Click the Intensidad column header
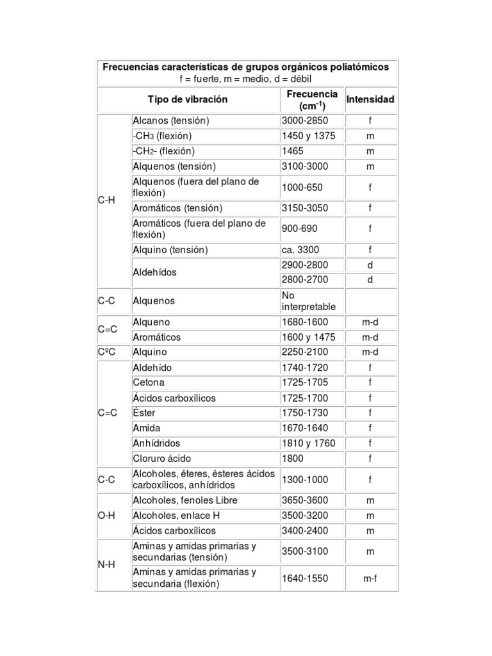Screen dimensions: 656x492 point(370,100)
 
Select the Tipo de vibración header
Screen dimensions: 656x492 point(187,100)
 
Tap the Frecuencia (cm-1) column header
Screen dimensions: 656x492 point(311,100)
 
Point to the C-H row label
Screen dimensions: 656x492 point(107,200)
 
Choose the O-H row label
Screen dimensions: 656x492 point(107,515)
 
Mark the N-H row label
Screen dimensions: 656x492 point(107,564)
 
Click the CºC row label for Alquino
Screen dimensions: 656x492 point(107,352)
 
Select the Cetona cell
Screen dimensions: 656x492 point(149,382)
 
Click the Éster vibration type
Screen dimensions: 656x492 point(144,413)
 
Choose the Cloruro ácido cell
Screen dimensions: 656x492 point(162,459)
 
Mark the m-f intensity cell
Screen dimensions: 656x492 point(370,578)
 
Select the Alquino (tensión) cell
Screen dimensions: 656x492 point(170,250)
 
